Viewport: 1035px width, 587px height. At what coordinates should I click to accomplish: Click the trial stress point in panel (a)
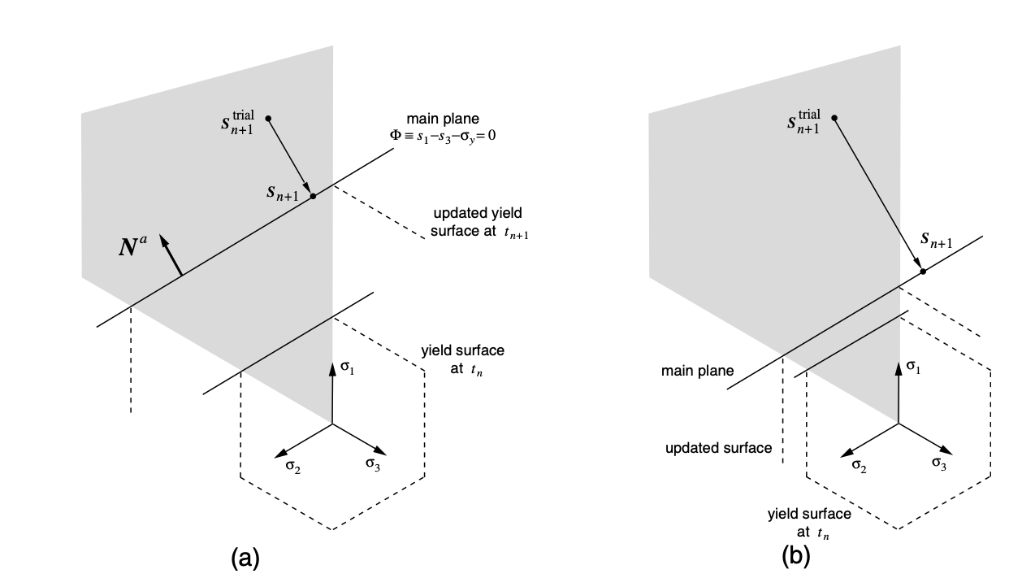tap(268, 119)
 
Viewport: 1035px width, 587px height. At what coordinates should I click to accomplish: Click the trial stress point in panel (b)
tap(834, 118)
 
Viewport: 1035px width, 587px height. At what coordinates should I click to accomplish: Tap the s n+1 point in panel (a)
tap(313, 196)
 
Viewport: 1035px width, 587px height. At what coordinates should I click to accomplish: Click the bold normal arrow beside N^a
tap(171, 255)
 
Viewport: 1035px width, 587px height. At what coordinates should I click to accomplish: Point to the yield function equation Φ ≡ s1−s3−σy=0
tap(441, 136)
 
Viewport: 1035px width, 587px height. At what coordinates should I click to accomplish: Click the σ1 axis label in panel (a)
tap(347, 368)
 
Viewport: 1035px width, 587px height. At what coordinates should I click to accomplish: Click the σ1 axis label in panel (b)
tap(913, 368)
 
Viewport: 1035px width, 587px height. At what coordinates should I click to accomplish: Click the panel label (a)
tap(245, 559)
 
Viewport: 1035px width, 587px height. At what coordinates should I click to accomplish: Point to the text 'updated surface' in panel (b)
tap(718, 448)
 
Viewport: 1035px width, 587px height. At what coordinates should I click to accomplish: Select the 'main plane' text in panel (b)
tap(697, 371)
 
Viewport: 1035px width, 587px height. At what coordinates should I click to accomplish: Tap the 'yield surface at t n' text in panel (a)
tap(462, 359)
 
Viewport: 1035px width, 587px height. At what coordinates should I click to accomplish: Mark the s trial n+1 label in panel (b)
tap(804, 120)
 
